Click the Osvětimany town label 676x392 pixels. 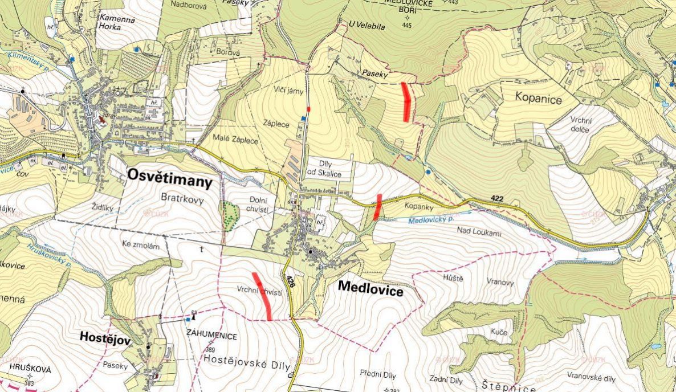(x=170, y=179)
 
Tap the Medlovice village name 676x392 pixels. (x=370, y=288)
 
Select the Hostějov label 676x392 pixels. (x=105, y=338)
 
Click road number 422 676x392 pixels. (x=496, y=198)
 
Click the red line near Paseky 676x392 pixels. (x=406, y=101)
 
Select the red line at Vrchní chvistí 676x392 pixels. (x=262, y=296)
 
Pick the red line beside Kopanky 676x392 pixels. (x=377, y=207)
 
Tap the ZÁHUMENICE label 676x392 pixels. (x=211, y=336)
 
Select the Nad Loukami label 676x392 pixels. (x=479, y=231)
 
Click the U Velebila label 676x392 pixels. (x=368, y=26)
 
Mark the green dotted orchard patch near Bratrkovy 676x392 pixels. (x=230, y=215)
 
